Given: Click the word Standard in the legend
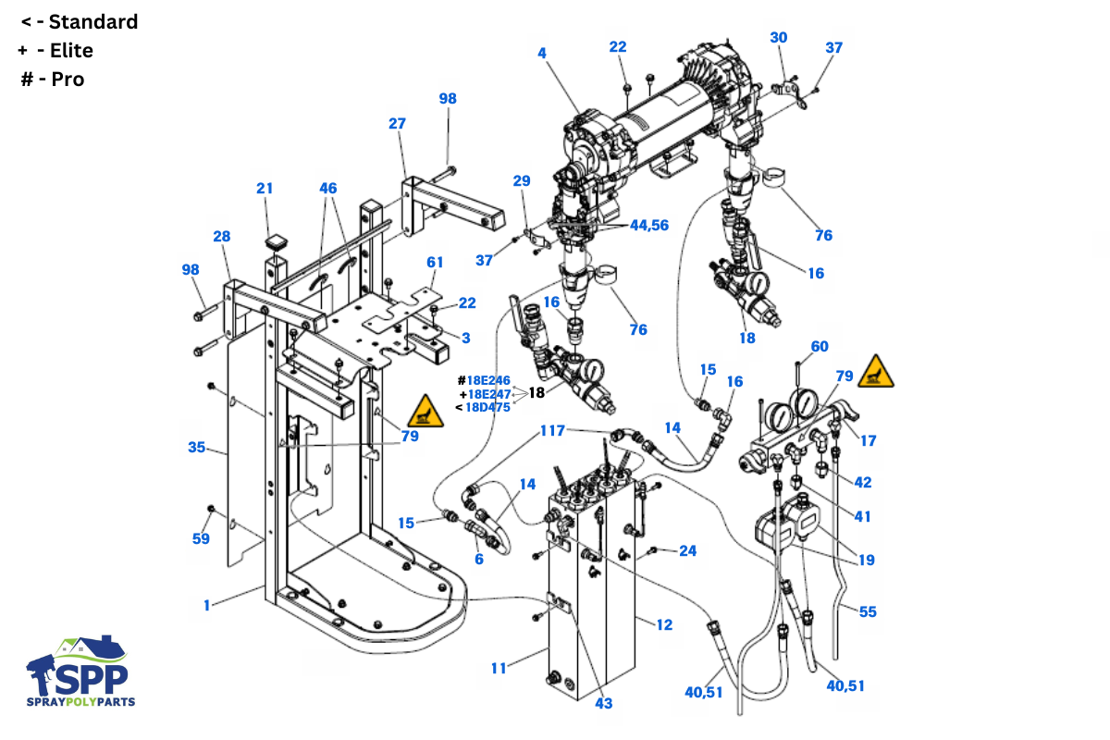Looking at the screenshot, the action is click(93, 22).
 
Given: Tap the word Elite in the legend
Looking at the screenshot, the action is click(71, 51).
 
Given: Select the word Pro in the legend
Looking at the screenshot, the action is click(68, 80).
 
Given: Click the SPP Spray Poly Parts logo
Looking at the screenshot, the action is click(80, 671).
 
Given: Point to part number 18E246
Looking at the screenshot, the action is click(488, 381).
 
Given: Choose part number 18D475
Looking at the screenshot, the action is click(487, 407).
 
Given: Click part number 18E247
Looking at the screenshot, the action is click(489, 394).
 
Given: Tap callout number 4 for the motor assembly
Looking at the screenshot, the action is click(542, 53).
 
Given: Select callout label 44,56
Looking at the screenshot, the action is click(649, 226).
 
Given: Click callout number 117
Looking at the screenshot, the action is click(552, 430).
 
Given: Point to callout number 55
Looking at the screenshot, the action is click(868, 611).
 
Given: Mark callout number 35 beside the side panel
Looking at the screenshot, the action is click(197, 447).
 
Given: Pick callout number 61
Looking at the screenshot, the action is click(435, 262).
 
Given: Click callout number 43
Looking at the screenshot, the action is click(603, 703).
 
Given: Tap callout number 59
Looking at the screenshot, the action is click(201, 538).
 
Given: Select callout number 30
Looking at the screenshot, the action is click(779, 38).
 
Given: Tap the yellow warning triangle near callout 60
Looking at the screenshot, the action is click(876, 371).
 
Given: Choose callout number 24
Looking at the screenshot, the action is click(688, 550).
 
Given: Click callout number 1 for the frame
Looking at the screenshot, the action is click(206, 605).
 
